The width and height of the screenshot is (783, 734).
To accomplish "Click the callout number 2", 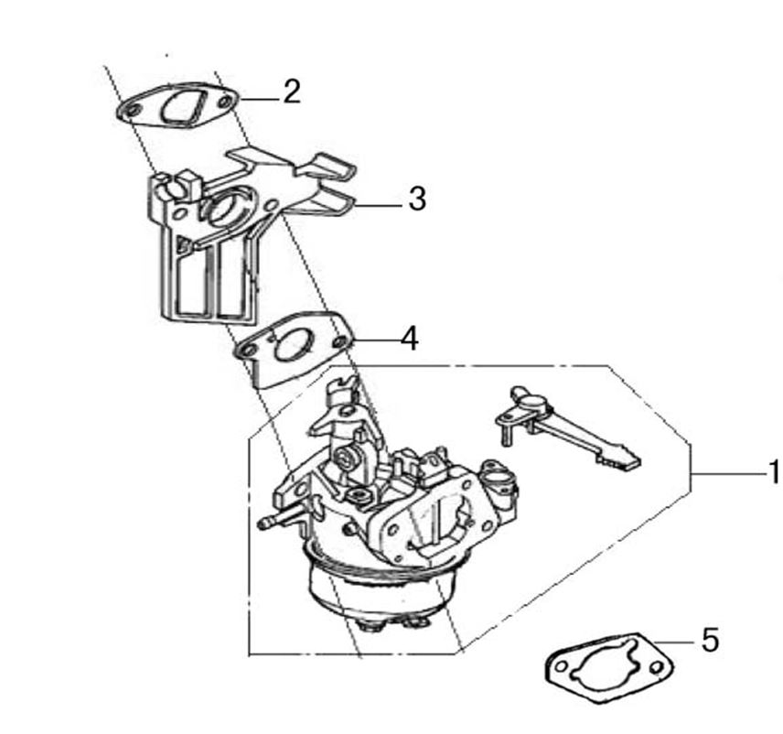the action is point(292,92).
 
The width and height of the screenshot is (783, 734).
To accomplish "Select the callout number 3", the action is point(417,199).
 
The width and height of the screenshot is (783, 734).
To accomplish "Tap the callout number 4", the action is point(410,339).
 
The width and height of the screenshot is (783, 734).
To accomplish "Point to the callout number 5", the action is point(710,640).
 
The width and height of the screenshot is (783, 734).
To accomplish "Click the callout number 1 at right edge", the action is point(775,472).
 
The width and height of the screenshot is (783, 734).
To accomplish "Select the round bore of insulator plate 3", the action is point(224,208).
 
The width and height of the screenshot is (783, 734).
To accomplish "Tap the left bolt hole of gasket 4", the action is point(246,350).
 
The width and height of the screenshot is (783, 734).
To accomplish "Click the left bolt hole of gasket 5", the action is point(562,666).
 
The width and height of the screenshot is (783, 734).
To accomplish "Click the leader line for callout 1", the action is point(728,472).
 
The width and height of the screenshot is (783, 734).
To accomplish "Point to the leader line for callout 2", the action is point(259,99).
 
